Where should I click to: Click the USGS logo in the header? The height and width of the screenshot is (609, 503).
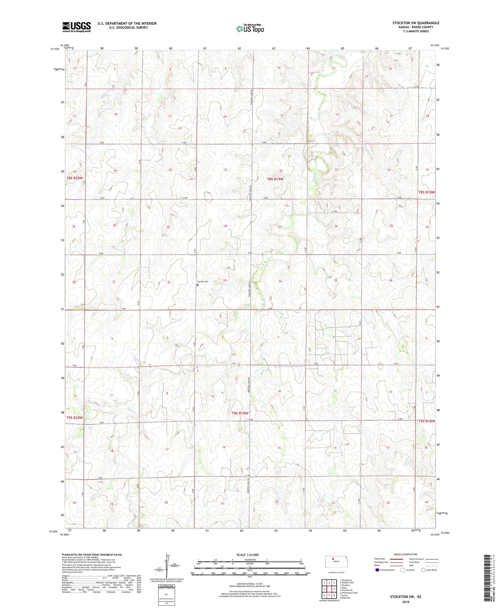click(x=76, y=27)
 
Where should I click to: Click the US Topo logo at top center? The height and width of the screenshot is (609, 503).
click(x=250, y=29)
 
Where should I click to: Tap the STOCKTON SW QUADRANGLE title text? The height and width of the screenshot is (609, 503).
click(x=415, y=23)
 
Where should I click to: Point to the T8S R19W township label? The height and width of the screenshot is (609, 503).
click(x=275, y=179)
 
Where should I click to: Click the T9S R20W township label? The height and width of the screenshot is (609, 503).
click(x=74, y=418)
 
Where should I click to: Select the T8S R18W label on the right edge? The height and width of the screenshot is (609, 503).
click(x=427, y=192)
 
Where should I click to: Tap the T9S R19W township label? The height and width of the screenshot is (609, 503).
click(x=240, y=413)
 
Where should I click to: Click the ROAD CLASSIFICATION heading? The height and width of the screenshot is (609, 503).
click(x=406, y=554)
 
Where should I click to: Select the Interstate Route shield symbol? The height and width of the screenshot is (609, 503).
click(x=377, y=570)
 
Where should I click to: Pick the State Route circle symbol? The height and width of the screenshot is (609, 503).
click(x=423, y=570)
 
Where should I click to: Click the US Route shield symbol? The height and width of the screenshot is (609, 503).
click(x=402, y=570)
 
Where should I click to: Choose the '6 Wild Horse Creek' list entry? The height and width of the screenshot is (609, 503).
click(x=349, y=593)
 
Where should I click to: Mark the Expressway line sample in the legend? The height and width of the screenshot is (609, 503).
click(x=396, y=559)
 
